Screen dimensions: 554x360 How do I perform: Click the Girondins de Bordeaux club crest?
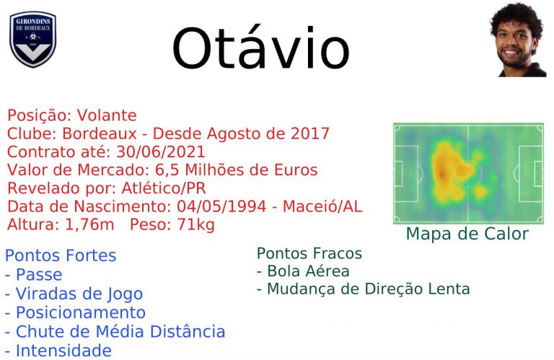click(x=33, y=39)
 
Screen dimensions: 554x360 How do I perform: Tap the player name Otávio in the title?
click(x=260, y=48)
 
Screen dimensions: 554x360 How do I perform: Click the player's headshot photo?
click(x=518, y=40)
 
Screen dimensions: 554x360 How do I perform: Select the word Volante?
click(x=107, y=115)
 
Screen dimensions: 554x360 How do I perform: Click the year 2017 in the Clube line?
click(x=310, y=133)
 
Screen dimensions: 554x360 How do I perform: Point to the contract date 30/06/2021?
click(x=161, y=152)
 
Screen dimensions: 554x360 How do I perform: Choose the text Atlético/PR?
click(x=164, y=188)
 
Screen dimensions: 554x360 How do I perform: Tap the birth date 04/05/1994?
click(x=221, y=206)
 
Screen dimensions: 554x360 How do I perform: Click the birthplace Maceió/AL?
click(x=322, y=206)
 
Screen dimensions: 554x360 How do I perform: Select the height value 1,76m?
click(x=89, y=224)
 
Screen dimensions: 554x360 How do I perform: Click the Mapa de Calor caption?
click(x=467, y=234)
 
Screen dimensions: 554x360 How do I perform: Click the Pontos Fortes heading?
click(x=61, y=255)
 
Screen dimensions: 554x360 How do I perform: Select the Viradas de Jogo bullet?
click(x=74, y=294)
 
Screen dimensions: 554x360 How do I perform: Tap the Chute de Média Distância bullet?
click(x=115, y=331)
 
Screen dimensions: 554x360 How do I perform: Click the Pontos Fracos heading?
click(x=309, y=253)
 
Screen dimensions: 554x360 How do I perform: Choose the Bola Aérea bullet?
click(x=303, y=271)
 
